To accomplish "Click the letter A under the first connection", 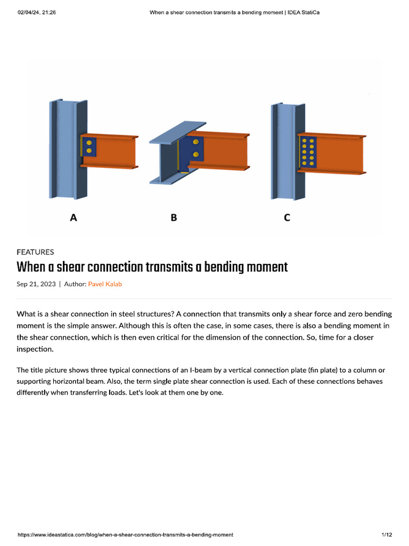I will point(74,218).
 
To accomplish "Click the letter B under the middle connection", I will point(174,218).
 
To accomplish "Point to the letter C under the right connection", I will point(287,218).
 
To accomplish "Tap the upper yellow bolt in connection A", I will point(89,142).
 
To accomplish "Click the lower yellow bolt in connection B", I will point(197,155).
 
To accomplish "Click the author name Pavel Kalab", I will point(105,284).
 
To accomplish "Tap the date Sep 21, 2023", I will point(36,284).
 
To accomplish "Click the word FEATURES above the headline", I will point(35,252).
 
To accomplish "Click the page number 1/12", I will point(387,534).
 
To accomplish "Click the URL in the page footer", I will point(125,534).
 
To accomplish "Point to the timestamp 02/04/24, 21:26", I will point(37,12).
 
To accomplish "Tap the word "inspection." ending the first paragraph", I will point(36,349).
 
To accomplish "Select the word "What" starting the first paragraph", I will point(26,314).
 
